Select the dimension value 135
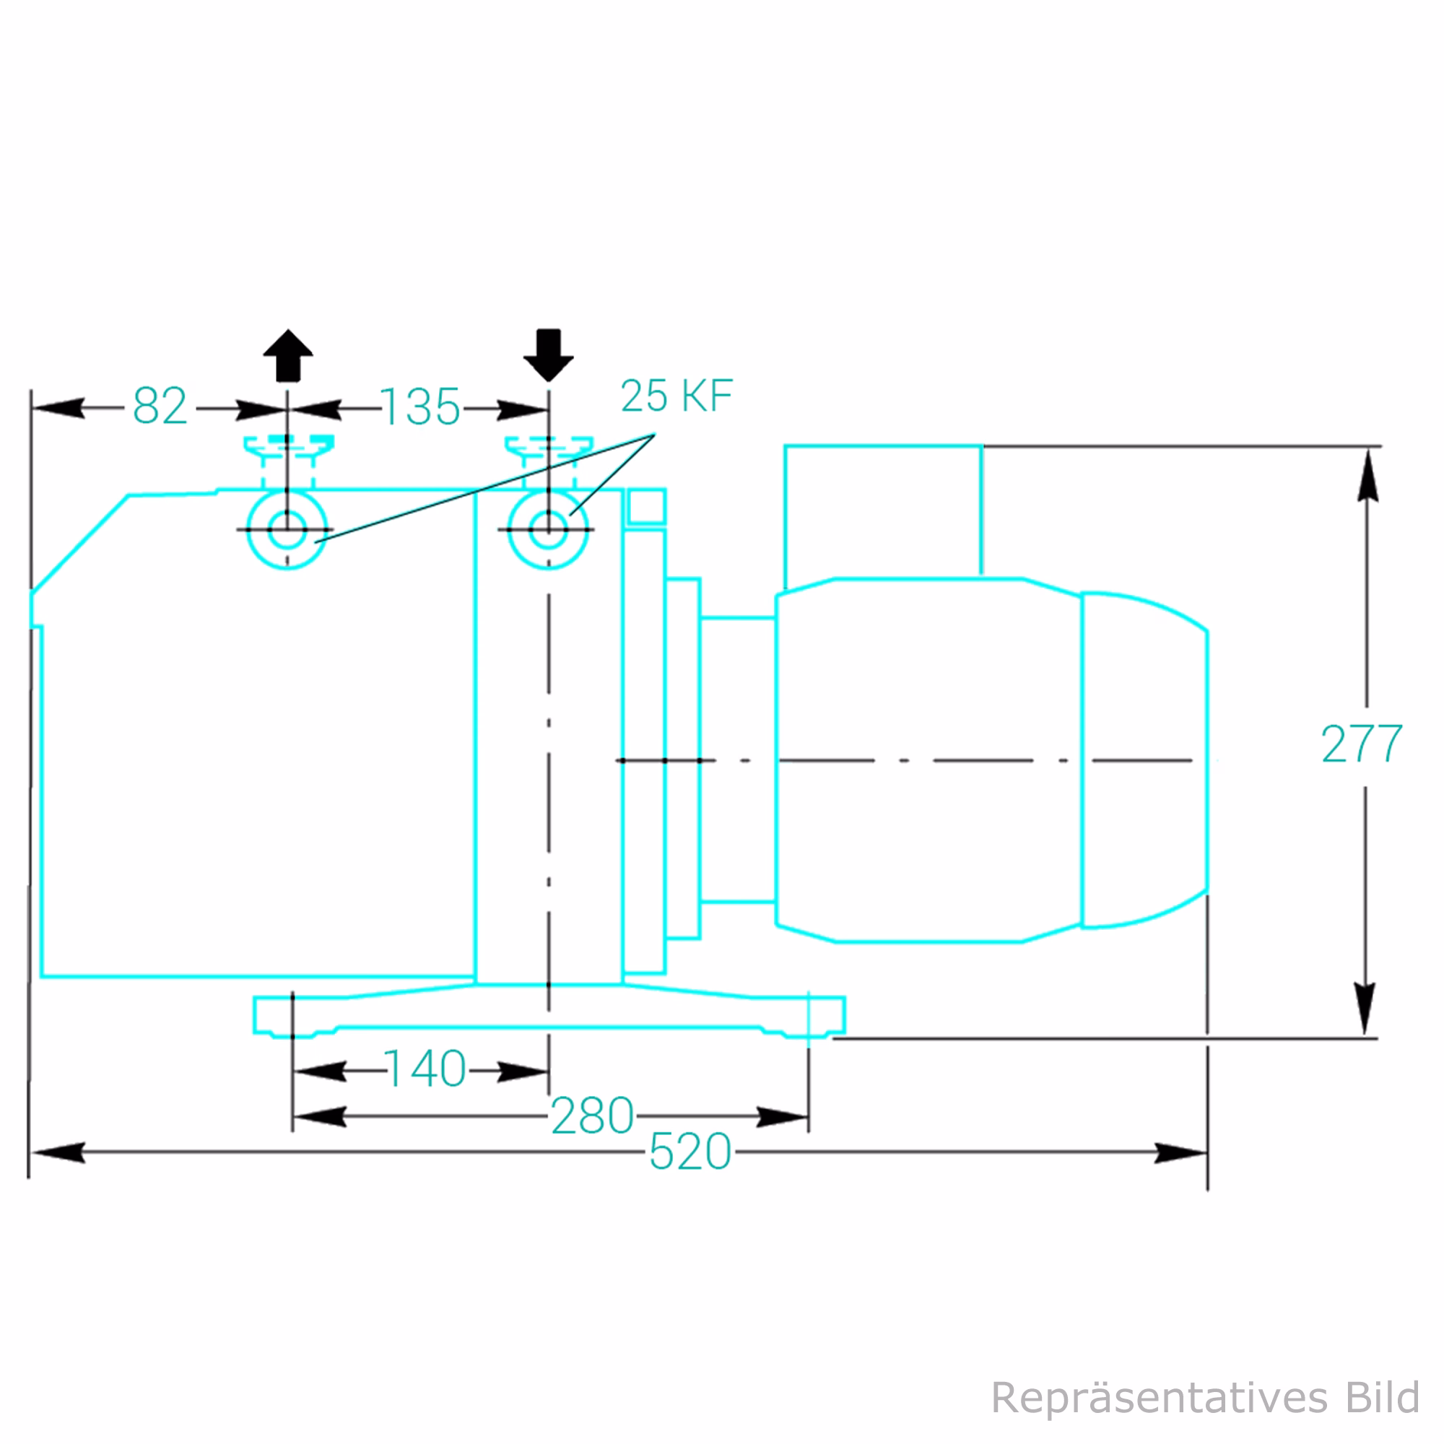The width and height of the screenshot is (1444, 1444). click(421, 408)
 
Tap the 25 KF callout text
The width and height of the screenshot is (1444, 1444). click(677, 396)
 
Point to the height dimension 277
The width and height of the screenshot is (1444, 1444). click(1362, 744)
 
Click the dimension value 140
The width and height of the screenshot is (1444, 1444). click(425, 1069)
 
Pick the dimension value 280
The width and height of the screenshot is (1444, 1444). click(592, 1116)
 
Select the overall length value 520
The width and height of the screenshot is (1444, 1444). click(690, 1152)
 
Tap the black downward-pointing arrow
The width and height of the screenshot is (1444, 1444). click(549, 355)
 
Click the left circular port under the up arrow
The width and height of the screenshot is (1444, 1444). click(287, 530)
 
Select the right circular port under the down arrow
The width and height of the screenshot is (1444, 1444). click(549, 530)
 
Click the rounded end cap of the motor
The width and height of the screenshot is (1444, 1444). click(1144, 760)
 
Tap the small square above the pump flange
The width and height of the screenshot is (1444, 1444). click(646, 508)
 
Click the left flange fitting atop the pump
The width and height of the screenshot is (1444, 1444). click(289, 445)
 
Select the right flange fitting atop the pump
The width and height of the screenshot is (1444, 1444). click(549, 446)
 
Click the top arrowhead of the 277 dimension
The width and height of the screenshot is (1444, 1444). click(1367, 474)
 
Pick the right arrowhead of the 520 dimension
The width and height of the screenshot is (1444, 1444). click(1181, 1152)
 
